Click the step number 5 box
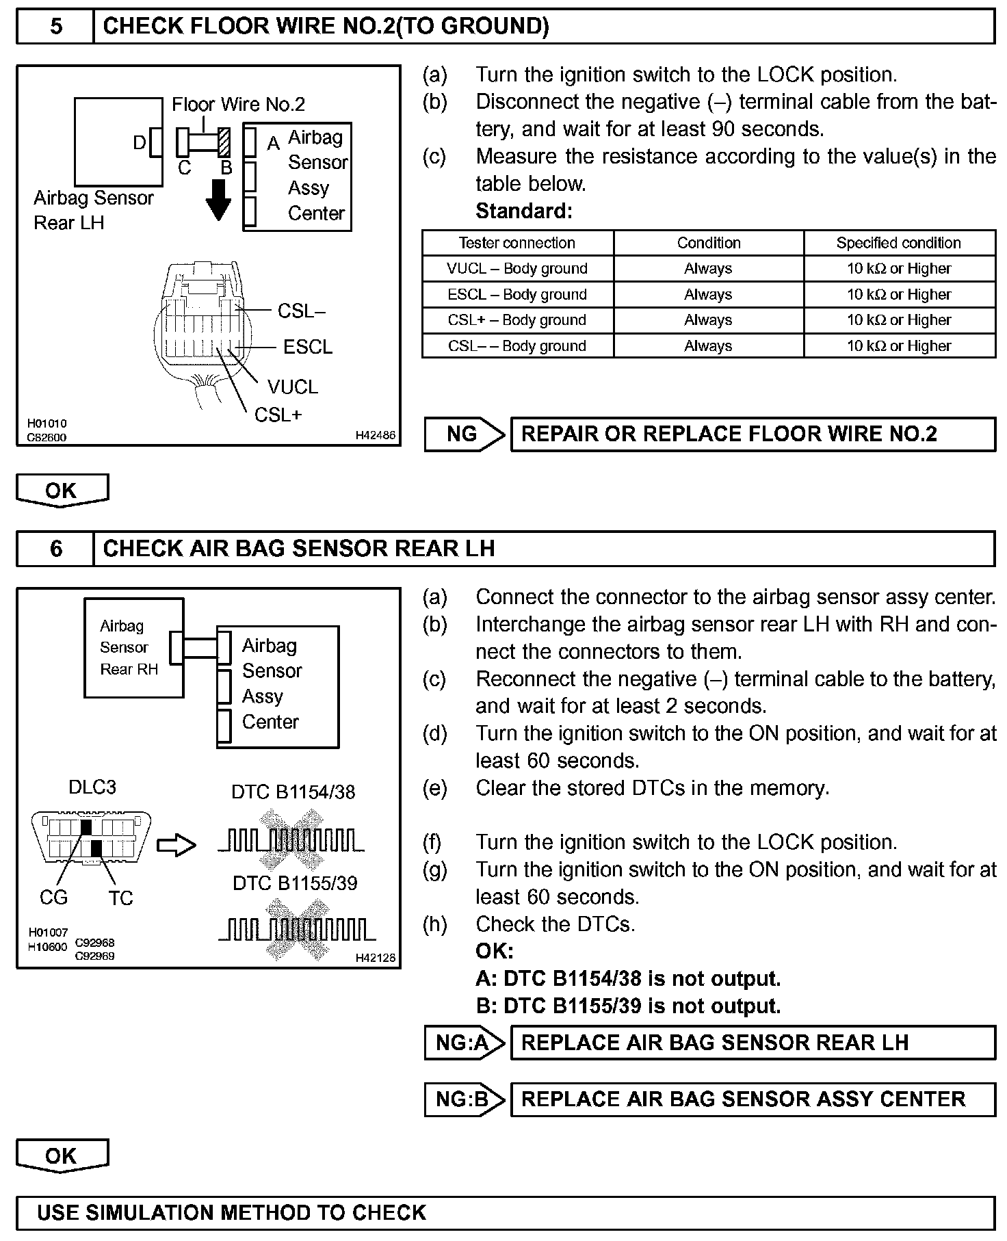[x=55, y=27]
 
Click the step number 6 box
[x=55, y=549]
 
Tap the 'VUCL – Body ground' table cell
[x=517, y=269]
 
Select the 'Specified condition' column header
[x=898, y=243]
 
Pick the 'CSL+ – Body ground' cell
[x=517, y=320]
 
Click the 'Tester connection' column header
[x=517, y=243]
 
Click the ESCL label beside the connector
[x=308, y=348]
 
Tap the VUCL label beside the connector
[x=293, y=387]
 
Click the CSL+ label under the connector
[x=278, y=415]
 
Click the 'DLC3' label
[x=92, y=787]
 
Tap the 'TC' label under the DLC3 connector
[x=120, y=898]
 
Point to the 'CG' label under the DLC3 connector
[x=54, y=898]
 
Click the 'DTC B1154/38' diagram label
[x=293, y=792]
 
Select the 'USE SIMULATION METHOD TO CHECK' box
[x=506, y=1213]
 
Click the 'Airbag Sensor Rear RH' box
[x=133, y=647]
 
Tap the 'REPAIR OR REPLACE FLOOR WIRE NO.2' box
[x=753, y=434]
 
